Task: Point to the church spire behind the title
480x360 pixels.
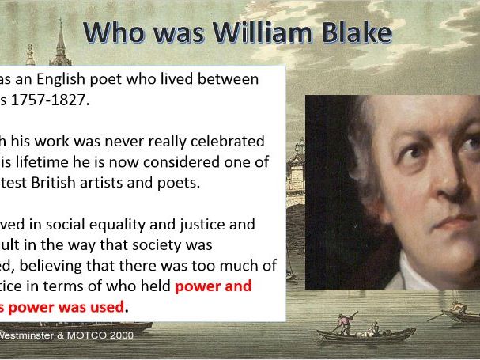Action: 60,40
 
